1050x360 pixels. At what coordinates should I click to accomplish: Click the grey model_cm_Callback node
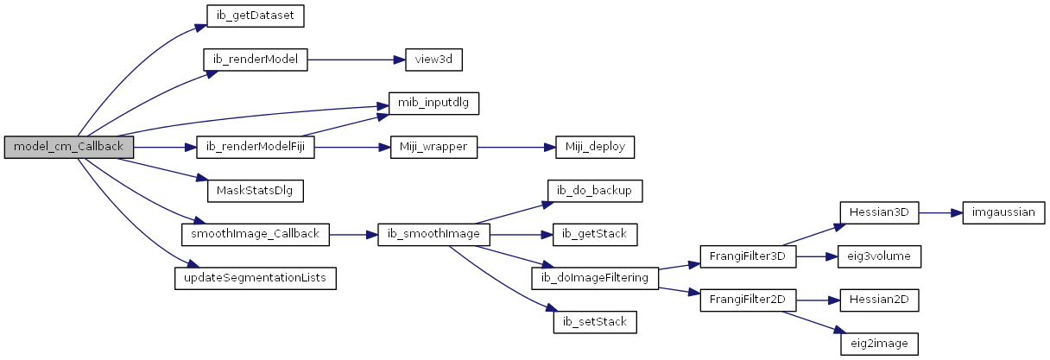point(69,147)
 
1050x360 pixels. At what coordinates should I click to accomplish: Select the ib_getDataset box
point(256,16)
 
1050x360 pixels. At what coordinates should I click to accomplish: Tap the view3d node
point(433,60)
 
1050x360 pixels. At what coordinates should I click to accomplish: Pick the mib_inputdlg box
point(433,103)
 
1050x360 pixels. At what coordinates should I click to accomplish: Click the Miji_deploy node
point(595,147)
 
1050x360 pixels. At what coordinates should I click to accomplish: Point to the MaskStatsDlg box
point(256,192)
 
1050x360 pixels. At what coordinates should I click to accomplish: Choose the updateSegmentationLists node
point(256,279)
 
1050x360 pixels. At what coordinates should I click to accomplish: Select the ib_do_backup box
point(595,192)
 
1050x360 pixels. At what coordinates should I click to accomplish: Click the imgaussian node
point(1003,213)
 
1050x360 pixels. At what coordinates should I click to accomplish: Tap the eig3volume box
point(879,257)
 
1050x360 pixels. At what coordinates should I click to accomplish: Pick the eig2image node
point(879,344)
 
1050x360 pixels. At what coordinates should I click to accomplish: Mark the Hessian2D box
point(879,300)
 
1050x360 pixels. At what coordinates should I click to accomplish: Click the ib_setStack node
point(595,323)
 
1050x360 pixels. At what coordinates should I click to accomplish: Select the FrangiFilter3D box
point(748,257)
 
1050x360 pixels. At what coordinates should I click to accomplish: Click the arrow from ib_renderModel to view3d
point(357,60)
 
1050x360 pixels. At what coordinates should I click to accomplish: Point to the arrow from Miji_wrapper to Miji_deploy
point(516,147)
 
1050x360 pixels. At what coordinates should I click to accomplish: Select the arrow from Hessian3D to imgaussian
point(941,213)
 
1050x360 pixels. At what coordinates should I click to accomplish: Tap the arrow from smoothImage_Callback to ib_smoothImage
point(353,234)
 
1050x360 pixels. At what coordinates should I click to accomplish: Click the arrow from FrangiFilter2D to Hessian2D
point(818,300)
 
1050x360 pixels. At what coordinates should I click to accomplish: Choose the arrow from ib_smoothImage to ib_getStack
point(522,234)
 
